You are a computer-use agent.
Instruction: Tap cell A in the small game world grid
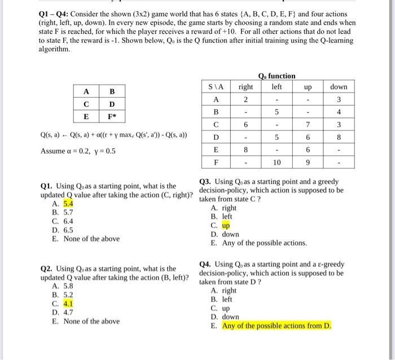(x=86, y=91)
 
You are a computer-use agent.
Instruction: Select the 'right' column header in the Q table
(x=245, y=87)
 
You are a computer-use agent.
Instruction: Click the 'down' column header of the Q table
(x=339, y=87)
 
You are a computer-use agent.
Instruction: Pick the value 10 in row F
(x=276, y=163)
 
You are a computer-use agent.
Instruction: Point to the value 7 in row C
(x=308, y=124)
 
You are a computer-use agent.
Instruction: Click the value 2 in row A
(x=245, y=100)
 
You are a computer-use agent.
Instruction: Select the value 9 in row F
(x=308, y=163)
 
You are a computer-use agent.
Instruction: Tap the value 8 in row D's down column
(x=339, y=137)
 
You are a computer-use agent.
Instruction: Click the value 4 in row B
(x=339, y=112)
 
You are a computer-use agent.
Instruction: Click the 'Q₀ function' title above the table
(x=276, y=76)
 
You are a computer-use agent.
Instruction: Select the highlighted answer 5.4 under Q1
(x=68, y=204)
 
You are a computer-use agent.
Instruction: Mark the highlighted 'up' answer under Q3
(x=226, y=225)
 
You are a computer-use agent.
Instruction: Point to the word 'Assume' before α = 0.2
(x=53, y=151)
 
